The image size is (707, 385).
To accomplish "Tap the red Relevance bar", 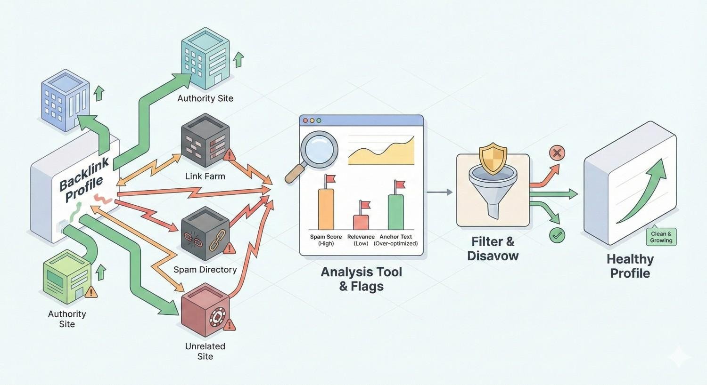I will (361, 222).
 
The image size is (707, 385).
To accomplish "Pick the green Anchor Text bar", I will (395, 212).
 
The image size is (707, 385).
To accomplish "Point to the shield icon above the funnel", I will (493, 160).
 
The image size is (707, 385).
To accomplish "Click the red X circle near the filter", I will (557, 153).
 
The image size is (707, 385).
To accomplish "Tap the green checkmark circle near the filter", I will (557, 235).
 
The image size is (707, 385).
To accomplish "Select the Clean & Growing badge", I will (661, 237).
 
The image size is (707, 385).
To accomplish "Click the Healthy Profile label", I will (630, 266).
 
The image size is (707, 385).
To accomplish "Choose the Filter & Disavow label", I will (493, 249).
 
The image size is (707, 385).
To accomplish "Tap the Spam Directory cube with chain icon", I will (205, 234).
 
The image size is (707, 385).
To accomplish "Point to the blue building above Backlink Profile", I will (65, 99).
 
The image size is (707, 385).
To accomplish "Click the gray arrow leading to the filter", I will (439, 192).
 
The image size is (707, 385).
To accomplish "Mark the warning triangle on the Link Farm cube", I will (229, 155).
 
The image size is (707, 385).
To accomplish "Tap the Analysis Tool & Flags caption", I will (362, 279).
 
